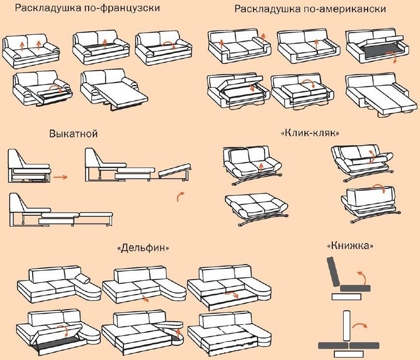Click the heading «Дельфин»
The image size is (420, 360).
point(144,248)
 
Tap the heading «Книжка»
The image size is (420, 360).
point(350,245)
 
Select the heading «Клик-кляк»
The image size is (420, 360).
point(310,133)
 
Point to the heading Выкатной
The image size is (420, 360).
point(74,133)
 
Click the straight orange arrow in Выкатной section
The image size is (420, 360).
point(61,177)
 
